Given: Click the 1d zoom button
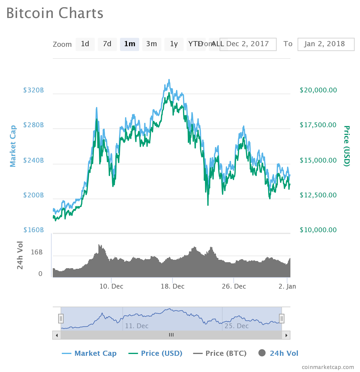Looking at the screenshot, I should tap(85, 44).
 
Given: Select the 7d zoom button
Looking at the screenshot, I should tap(107, 44).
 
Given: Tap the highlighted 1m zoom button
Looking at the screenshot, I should tap(130, 44).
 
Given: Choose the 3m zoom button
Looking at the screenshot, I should tap(151, 44).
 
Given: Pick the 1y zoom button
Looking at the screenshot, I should tap(174, 44).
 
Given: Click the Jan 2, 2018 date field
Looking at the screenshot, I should tap(326, 44).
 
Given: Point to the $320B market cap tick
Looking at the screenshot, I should tap(34, 90).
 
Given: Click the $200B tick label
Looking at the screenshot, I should tap(34, 195).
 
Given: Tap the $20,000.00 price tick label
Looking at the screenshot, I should tap(318, 90).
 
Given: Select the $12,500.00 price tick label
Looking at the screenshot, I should tap(318, 195).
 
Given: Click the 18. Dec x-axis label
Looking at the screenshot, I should tap(172, 286).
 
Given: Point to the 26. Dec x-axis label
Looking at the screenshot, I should tap(234, 286).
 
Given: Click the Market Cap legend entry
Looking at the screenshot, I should tap(89, 353).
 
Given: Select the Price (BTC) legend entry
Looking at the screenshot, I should tap(220, 353).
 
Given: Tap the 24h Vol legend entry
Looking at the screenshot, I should tap(278, 353).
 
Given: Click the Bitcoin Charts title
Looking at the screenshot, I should tap(55, 13).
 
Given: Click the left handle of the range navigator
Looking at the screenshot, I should tap(61, 318).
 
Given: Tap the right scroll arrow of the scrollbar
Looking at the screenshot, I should tap(286, 335).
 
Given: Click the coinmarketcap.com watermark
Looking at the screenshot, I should tap(328, 367).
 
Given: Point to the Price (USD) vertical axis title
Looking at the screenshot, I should tap(346, 146).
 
